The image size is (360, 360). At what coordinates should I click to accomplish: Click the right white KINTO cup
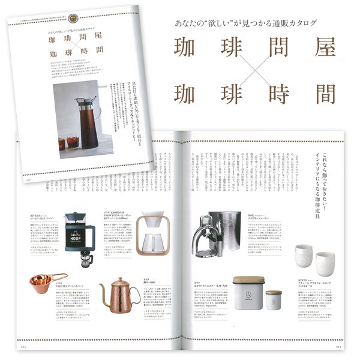coord(325,263)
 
